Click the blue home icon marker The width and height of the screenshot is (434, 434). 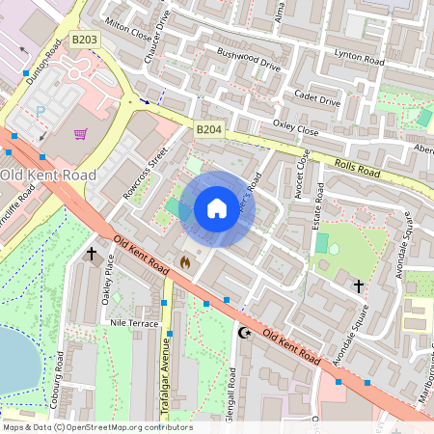pos(217,208)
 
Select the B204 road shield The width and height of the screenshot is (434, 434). pos(207,128)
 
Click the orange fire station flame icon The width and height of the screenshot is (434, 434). pos(185,260)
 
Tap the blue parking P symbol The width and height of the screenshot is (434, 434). pos(41,112)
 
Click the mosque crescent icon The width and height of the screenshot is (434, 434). pos(244,333)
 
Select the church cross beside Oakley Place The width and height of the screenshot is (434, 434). pos(92,254)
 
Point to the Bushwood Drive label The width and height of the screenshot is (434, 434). pos(248,61)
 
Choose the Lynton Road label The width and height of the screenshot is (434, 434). pos(359,57)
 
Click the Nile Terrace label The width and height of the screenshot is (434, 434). pos(134,323)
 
